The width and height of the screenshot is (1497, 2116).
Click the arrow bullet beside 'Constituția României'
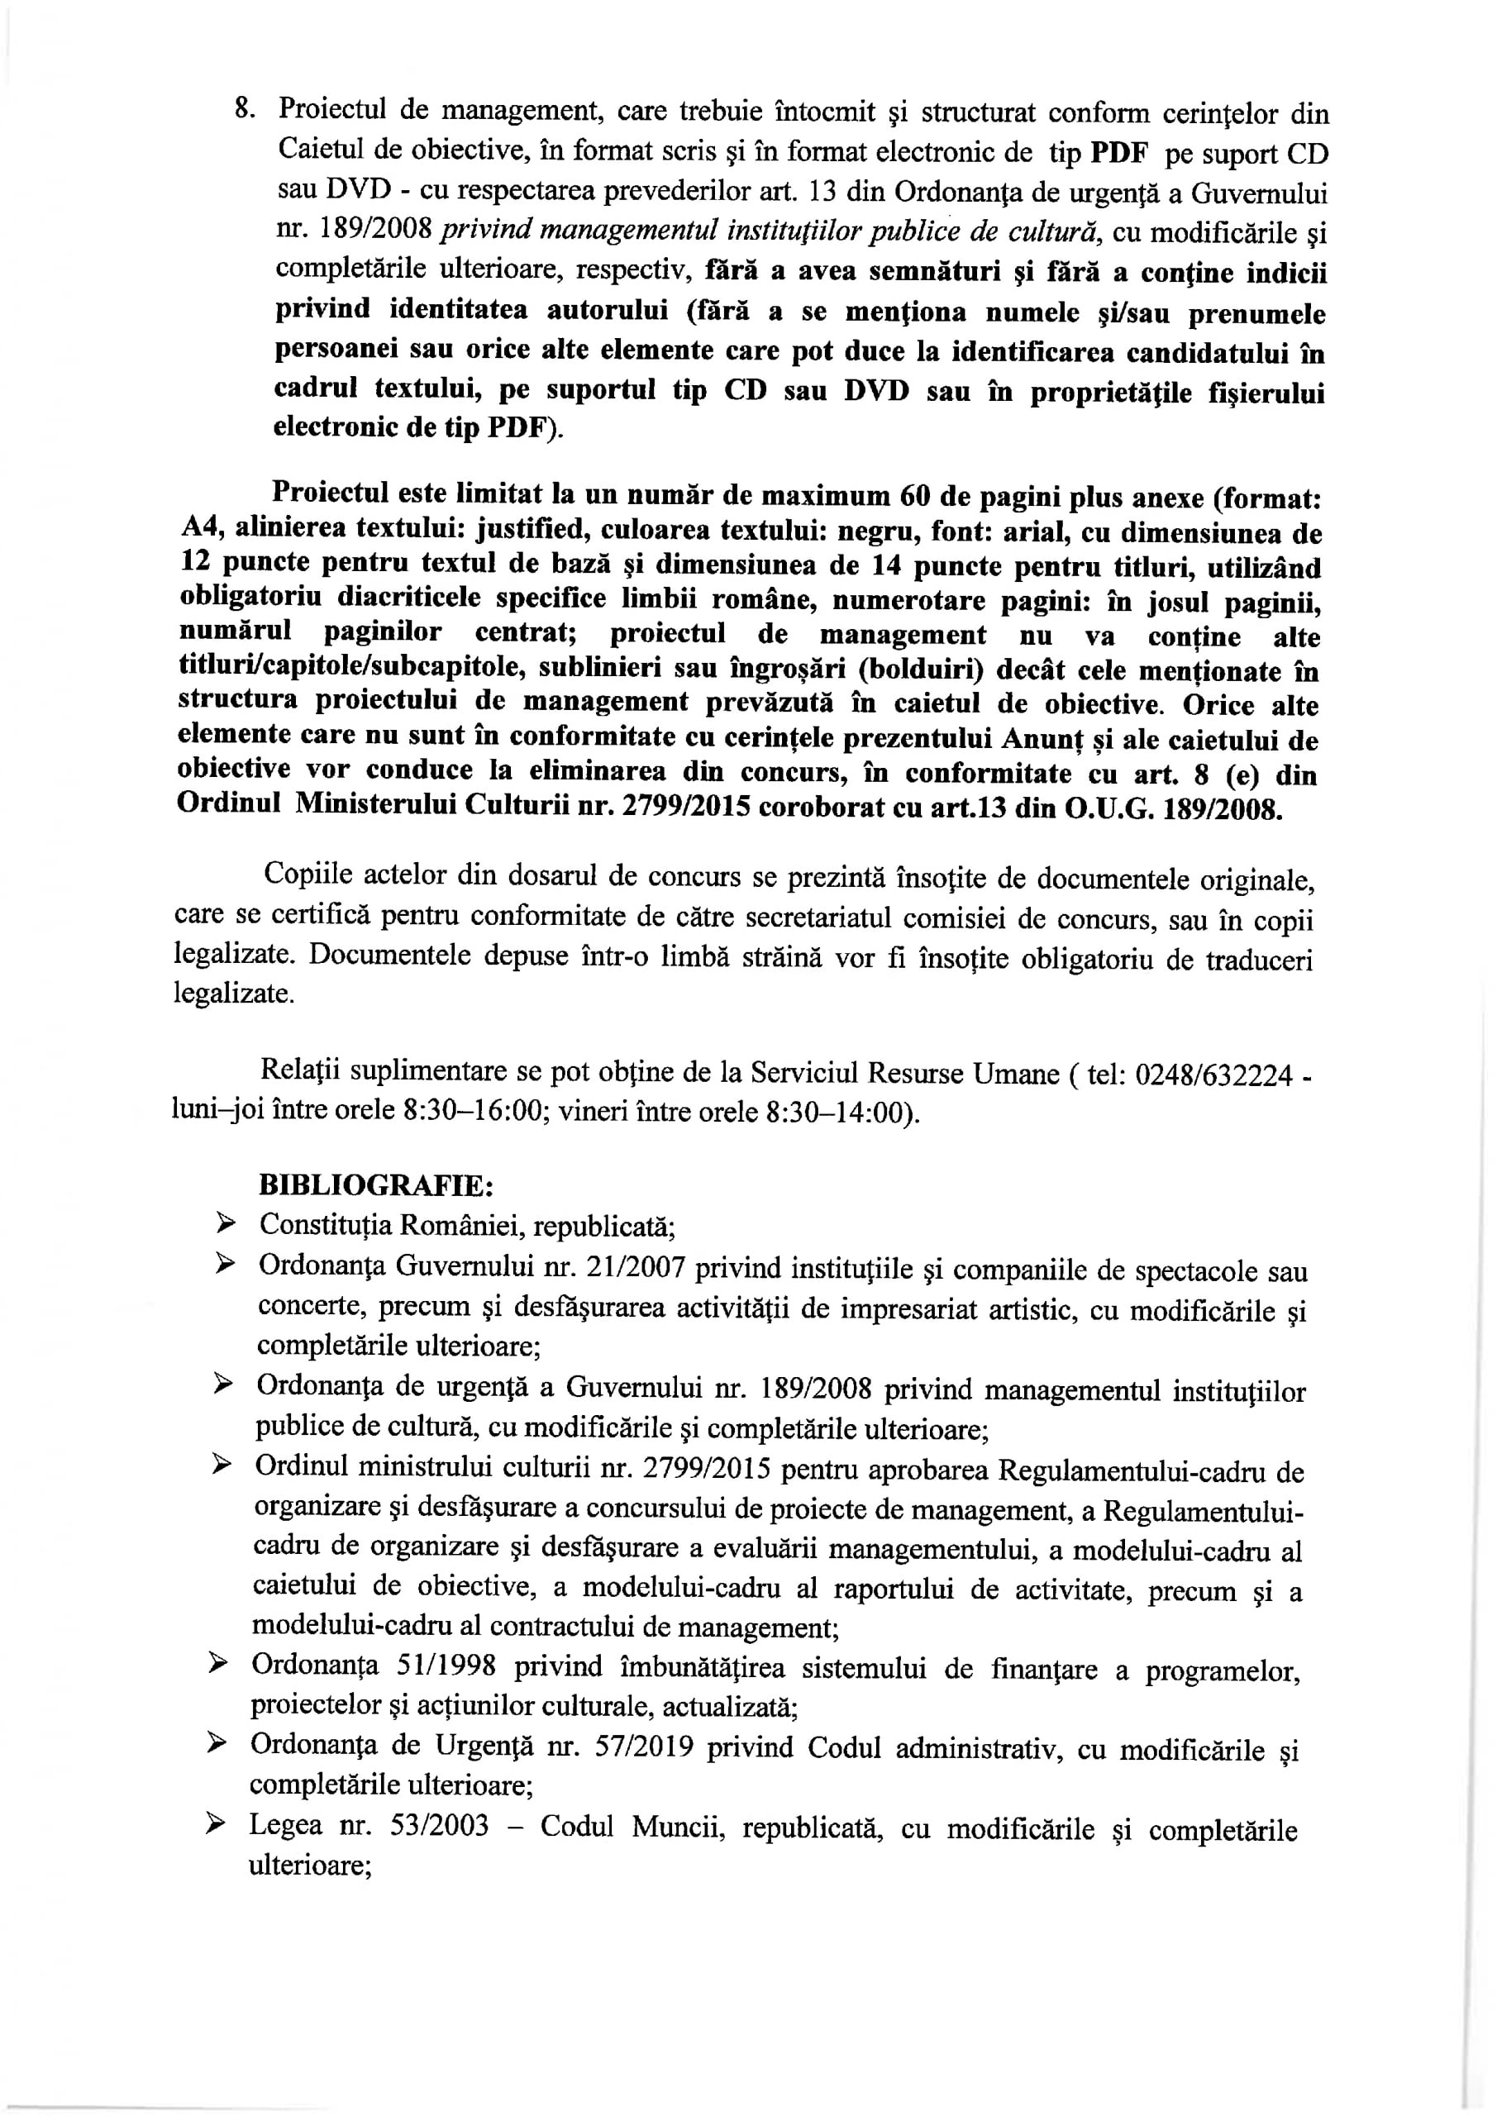pos(224,1225)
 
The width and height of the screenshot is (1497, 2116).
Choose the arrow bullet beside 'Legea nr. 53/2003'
pos(217,1825)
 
